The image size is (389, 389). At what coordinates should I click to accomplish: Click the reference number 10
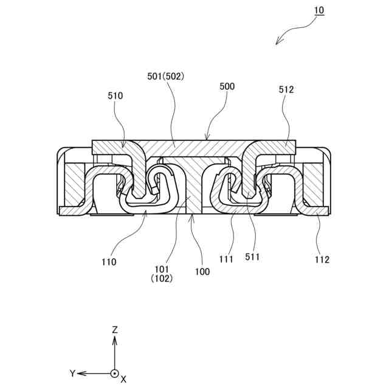[319, 10]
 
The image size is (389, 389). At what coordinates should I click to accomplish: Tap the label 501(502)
[166, 77]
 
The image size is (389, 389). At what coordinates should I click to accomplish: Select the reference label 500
[227, 87]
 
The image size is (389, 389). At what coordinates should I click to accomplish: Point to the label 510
[115, 95]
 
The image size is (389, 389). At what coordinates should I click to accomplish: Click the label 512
[286, 89]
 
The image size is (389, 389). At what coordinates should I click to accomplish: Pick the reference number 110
[110, 262]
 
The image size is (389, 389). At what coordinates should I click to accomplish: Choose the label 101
[162, 268]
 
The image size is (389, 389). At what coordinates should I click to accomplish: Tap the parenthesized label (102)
[162, 279]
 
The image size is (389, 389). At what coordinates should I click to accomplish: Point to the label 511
[252, 257]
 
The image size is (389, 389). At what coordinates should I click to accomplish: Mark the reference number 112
[322, 260]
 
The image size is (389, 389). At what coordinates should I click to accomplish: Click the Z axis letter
[114, 329]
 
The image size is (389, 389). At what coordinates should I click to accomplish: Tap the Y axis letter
[72, 373]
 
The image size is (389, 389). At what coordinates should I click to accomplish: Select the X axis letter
[123, 379]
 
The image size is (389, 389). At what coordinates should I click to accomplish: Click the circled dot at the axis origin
[114, 373]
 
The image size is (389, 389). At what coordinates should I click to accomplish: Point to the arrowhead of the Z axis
[114, 339]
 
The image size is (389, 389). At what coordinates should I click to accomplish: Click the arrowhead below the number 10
[278, 42]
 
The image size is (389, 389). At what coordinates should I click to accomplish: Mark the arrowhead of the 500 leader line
[207, 139]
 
